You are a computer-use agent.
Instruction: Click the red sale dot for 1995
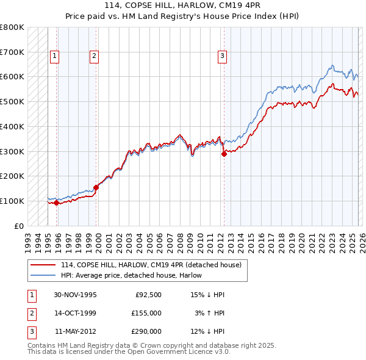56,203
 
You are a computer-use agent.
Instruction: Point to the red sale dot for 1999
96,187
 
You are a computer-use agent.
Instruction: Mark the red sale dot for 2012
224,154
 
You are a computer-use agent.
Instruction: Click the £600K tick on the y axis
12,77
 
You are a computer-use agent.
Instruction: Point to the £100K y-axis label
12,201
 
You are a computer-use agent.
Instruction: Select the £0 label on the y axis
19,226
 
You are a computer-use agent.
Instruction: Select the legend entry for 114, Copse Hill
151,265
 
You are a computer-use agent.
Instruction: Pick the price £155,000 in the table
146,313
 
